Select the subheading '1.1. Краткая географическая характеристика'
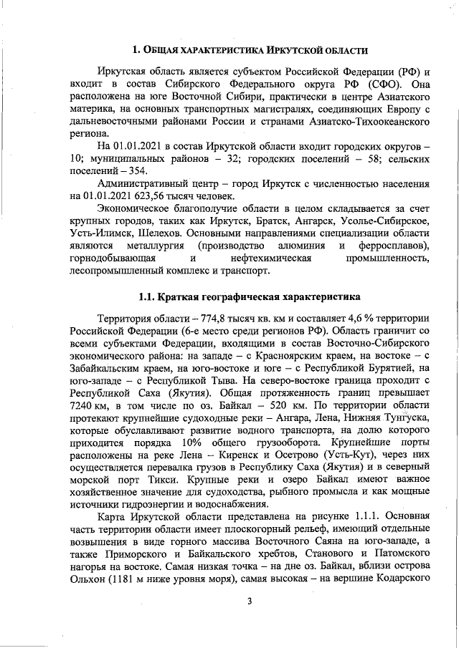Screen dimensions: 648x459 click(x=250, y=296)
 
